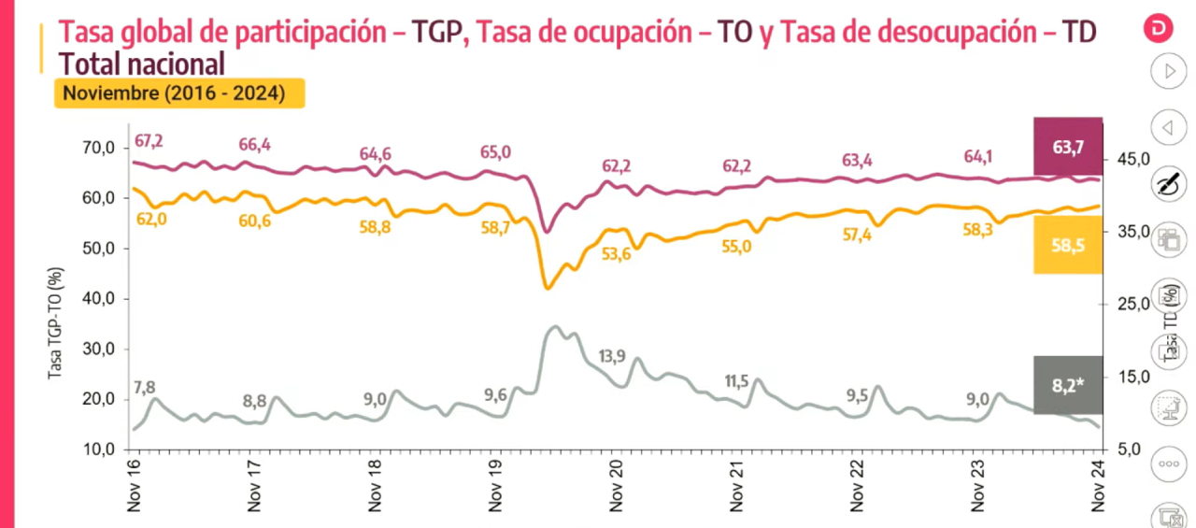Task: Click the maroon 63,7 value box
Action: pos(1068,148)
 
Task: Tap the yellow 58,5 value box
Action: pos(1068,245)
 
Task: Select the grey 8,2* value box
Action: pos(1068,384)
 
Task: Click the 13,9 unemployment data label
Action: pos(612,356)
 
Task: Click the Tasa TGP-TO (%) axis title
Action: pos(57,322)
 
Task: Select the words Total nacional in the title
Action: pos(142,64)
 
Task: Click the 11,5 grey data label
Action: pos(736,380)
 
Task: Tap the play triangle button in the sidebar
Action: pos(1167,70)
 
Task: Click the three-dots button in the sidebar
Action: pos(1167,464)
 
